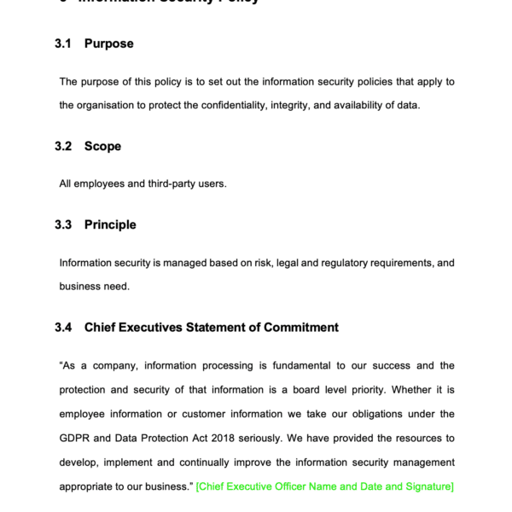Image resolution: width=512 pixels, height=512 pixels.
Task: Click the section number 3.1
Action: [x=63, y=44]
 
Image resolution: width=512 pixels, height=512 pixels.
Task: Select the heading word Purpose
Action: [x=108, y=44]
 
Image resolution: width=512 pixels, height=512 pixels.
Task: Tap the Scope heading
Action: [x=102, y=146]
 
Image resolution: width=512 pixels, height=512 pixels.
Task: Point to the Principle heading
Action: [x=110, y=224]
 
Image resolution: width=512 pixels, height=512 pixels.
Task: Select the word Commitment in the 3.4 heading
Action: [x=300, y=327]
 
